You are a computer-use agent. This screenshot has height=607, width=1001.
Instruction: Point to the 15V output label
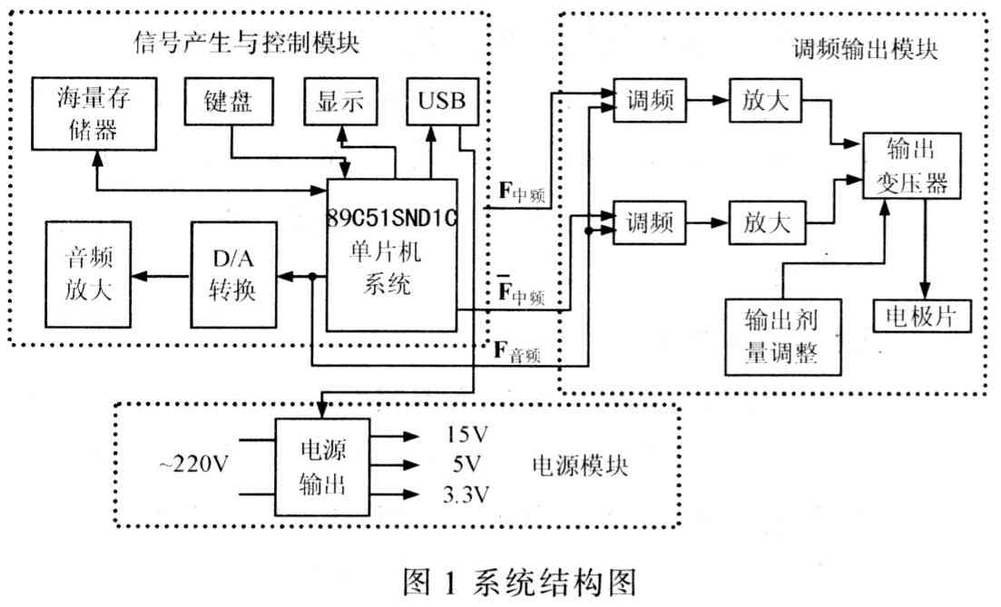click(466, 436)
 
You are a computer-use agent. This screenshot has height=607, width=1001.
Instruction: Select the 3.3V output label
click(466, 494)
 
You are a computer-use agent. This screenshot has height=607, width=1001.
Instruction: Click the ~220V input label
click(193, 464)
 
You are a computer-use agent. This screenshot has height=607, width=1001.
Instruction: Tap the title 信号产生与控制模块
click(247, 43)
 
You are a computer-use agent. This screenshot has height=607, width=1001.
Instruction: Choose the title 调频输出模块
click(865, 49)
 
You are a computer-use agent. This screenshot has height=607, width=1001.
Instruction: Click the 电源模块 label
click(580, 466)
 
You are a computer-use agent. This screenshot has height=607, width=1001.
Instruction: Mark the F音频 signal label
click(517, 352)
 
